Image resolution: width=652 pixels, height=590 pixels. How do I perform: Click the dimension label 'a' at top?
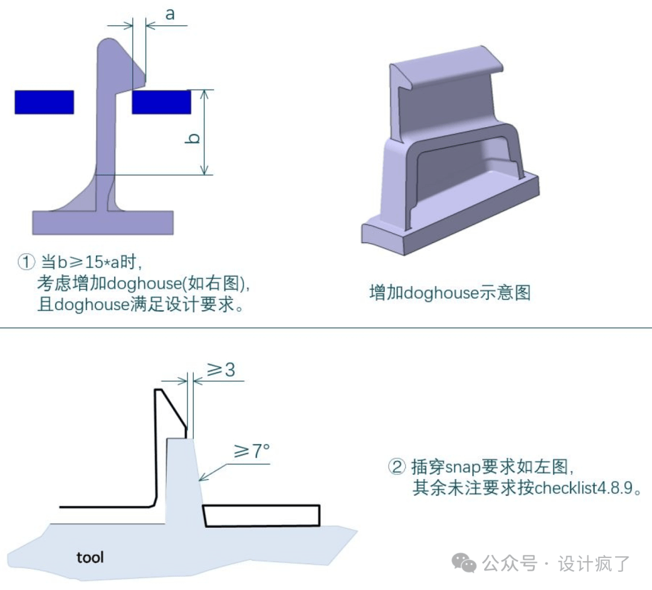coord(170,14)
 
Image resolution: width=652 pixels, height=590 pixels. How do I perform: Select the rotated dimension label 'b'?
coord(193,138)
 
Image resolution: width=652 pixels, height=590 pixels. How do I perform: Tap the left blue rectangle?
coord(44,102)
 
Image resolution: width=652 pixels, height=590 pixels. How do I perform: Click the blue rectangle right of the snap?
coord(161,102)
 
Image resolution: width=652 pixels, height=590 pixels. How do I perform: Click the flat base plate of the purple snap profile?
coord(103,223)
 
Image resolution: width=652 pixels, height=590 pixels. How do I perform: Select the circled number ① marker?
coord(27,262)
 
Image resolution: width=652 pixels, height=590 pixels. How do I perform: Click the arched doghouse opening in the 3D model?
coord(465,169)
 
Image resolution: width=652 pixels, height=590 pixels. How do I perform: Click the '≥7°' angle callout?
coord(252,450)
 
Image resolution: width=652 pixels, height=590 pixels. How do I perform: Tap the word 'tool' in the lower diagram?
coord(90,557)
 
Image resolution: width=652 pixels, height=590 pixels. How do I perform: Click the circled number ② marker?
coord(396,467)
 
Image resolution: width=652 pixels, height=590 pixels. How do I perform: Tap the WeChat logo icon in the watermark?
coord(464,563)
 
